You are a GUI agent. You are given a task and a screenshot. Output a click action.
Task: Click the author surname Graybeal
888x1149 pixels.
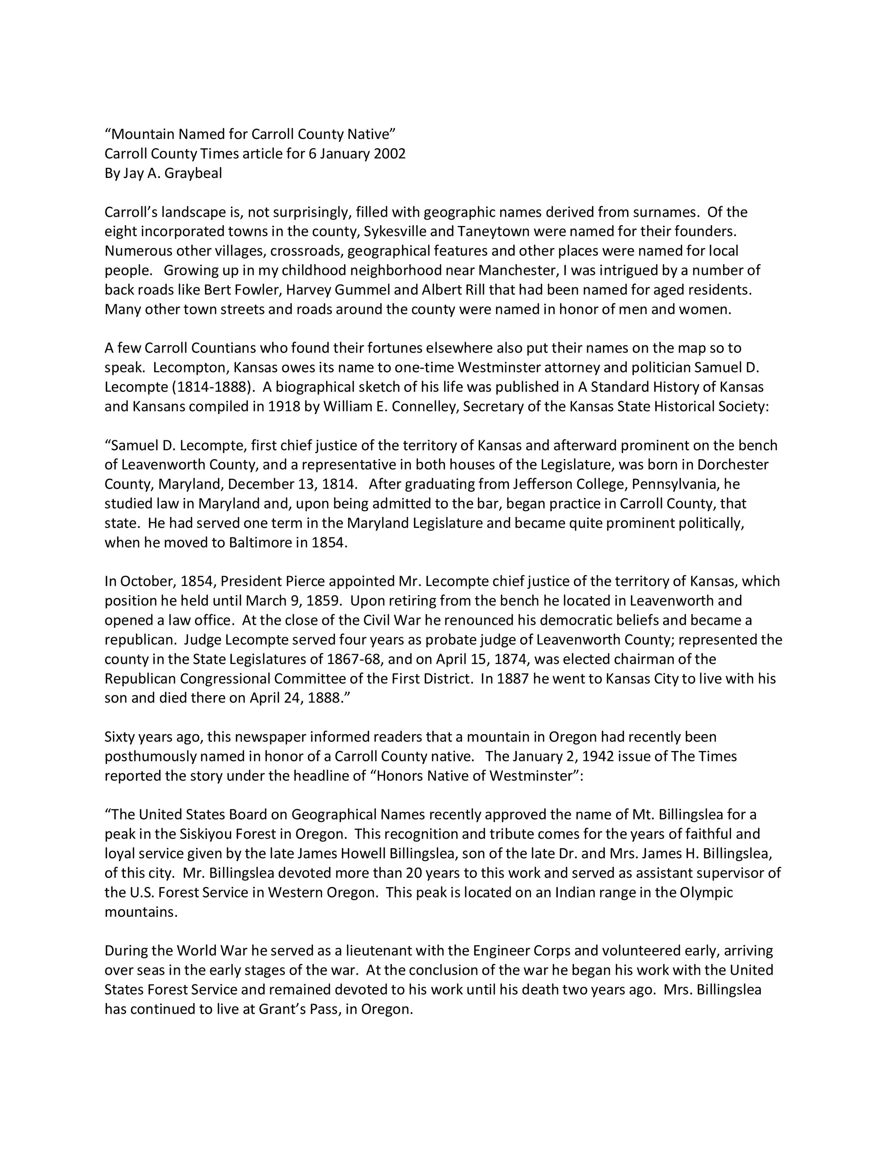(193, 173)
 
